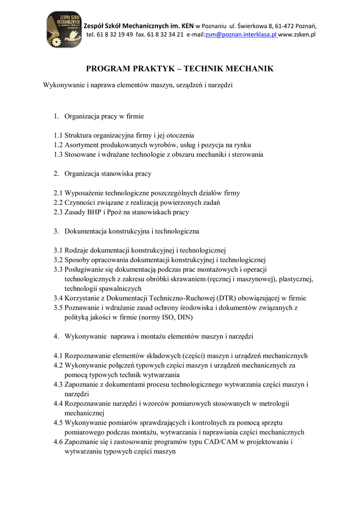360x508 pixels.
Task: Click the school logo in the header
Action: (64, 29)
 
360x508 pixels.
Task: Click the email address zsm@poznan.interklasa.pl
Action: (241, 35)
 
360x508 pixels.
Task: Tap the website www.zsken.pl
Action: (297, 35)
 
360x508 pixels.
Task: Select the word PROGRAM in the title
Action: (110, 68)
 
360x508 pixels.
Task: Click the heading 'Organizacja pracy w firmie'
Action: (104, 117)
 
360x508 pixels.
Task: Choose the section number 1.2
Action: (59, 145)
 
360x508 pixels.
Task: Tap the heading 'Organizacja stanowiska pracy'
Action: (108, 174)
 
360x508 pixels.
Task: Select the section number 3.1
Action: (59, 250)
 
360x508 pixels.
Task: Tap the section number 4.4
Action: (59, 403)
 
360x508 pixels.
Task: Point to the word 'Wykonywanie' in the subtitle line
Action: (64, 85)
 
